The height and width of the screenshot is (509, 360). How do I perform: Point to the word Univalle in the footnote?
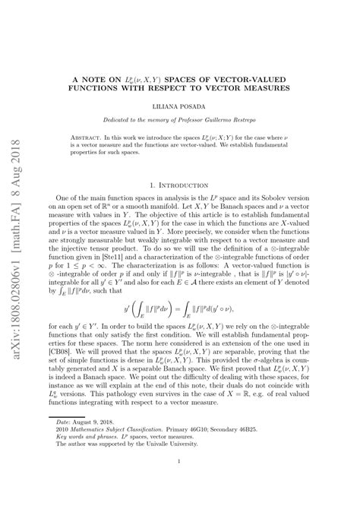pos(177,454)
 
